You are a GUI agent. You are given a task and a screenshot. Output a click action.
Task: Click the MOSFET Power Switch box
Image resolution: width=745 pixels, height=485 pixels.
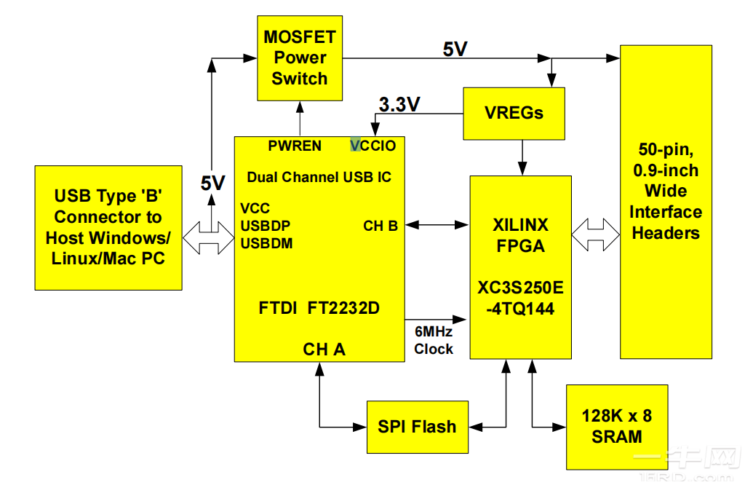click(x=299, y=58)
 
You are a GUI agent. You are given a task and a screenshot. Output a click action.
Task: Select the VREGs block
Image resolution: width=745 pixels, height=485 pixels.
click(x=514, y=114)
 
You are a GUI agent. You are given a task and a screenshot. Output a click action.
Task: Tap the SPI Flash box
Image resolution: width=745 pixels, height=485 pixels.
click(x=417, y=427)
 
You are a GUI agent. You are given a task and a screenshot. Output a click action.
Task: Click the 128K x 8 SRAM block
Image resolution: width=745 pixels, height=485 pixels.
click(x=616, y=427)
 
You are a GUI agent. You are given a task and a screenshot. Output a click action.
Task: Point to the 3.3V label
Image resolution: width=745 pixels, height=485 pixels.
click(x=399, y=105)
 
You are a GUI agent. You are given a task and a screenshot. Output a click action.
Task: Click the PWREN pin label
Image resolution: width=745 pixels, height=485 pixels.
click(x=295, y=146)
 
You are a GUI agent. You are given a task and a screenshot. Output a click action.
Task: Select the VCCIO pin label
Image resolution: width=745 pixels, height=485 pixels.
click(x=373, y=146)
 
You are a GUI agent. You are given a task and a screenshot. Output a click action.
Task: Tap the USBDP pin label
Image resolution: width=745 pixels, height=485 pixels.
click(x=266, y=226)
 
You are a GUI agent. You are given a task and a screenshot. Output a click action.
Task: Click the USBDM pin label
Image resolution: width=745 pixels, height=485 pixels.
click(x=266, y=243)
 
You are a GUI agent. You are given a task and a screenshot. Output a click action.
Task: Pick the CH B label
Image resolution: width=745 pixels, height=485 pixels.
click(x=381, y=226)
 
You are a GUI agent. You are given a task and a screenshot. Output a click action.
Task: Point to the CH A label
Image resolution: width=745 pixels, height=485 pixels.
click(x=324, y=350)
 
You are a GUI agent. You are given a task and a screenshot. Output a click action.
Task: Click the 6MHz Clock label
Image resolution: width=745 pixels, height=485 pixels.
click(x=434, y=341)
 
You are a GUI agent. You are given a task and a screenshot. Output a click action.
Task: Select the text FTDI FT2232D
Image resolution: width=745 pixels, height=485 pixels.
click(x=319, y=307)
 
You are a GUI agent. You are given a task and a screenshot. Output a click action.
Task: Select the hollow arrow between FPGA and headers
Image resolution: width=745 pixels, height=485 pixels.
click(x=594, y=234)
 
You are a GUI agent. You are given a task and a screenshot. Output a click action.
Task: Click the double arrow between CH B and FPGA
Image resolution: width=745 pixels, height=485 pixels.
click(x=437, y=225)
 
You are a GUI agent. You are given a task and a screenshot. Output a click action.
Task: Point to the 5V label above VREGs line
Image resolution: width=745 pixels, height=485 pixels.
click(x=455, y=50)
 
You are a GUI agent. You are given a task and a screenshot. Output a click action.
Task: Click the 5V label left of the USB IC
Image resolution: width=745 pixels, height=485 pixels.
click(x=212, y=184)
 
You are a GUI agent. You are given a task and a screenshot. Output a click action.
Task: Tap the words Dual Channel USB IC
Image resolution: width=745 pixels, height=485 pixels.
click(x=319, y=177)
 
